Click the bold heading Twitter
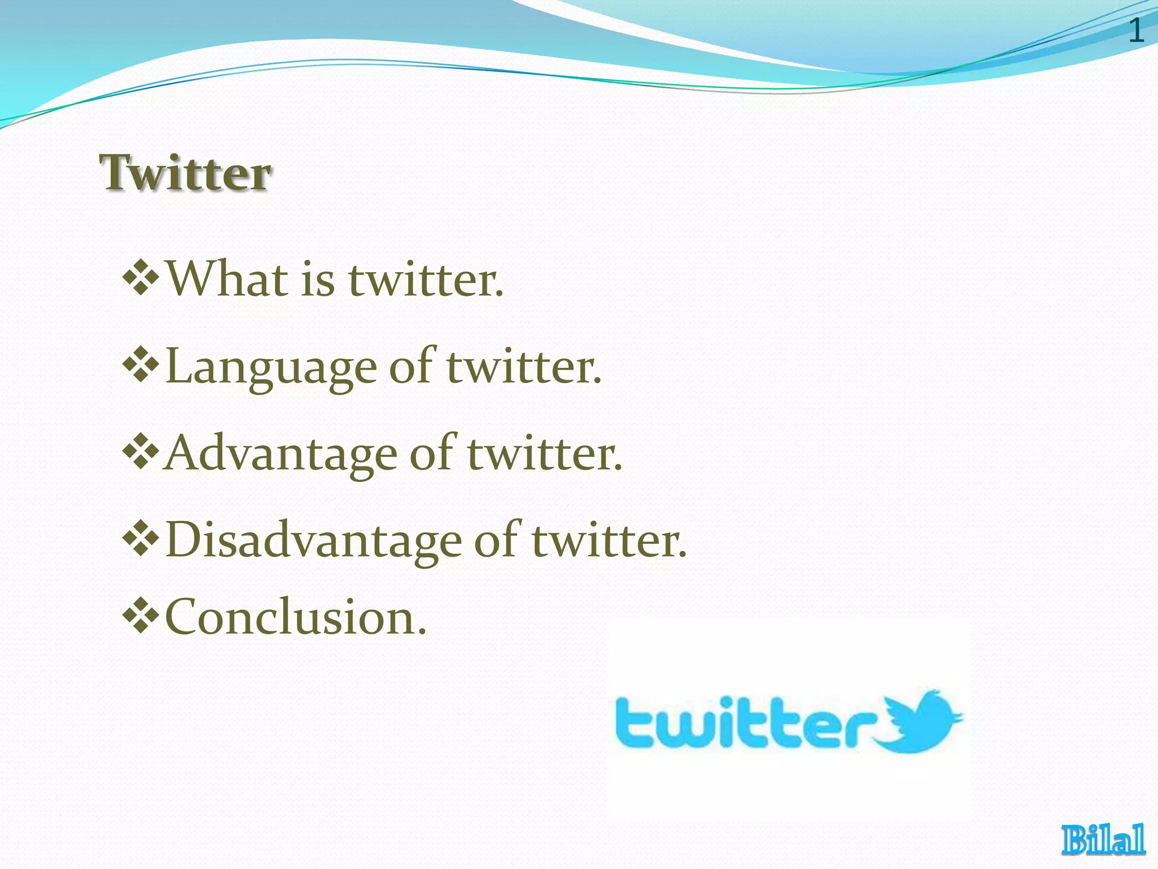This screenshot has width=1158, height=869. [185, 173]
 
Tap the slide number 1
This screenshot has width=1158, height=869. [1136, 31]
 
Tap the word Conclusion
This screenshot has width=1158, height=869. [295, 618]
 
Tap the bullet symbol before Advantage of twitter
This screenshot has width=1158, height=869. [141, 452]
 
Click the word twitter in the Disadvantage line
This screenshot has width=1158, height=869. [609, 540]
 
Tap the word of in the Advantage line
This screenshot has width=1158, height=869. [431, 454]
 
